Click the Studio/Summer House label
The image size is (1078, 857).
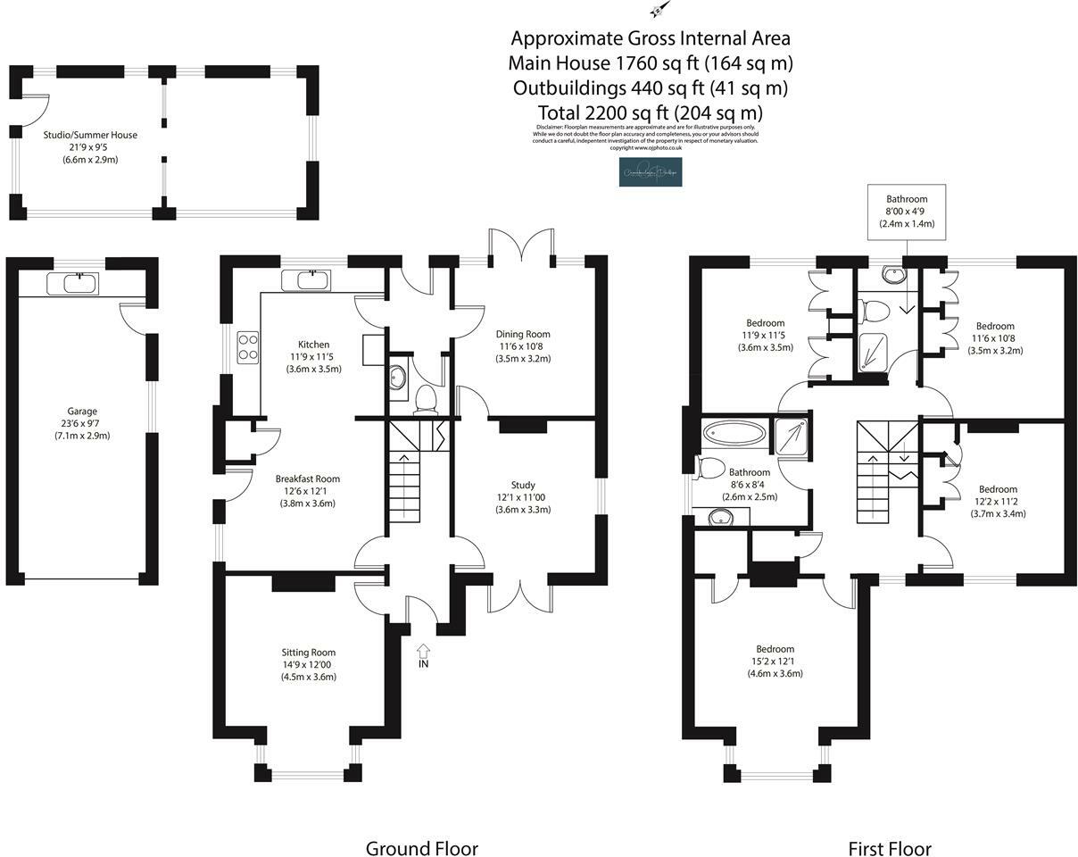click(x=90, y=135)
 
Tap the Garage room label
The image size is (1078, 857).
click(x=81, y=412)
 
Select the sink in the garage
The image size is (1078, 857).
click(x=80, y=284)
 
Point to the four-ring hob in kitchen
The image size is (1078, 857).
click(x=248, y=346)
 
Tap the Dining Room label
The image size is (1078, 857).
click(x=523, y=335)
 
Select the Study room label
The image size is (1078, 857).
click(x=523, y=485)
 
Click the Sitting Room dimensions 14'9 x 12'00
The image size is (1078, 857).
click(x=309, y=664)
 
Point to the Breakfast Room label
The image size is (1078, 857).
click(x=307, y=478)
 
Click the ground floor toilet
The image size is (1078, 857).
click(x=426, y=397)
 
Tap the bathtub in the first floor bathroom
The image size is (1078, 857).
click(x=734, y=435)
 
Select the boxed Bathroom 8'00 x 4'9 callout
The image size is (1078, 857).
click(x=907, y=212)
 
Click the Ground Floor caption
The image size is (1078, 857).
click(x=421, y=848)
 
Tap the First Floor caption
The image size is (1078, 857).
click(x=889, y=848)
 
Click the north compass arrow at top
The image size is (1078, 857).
click(x=659, y=9)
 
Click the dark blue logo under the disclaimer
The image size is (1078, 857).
click(x=651, y=171)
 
